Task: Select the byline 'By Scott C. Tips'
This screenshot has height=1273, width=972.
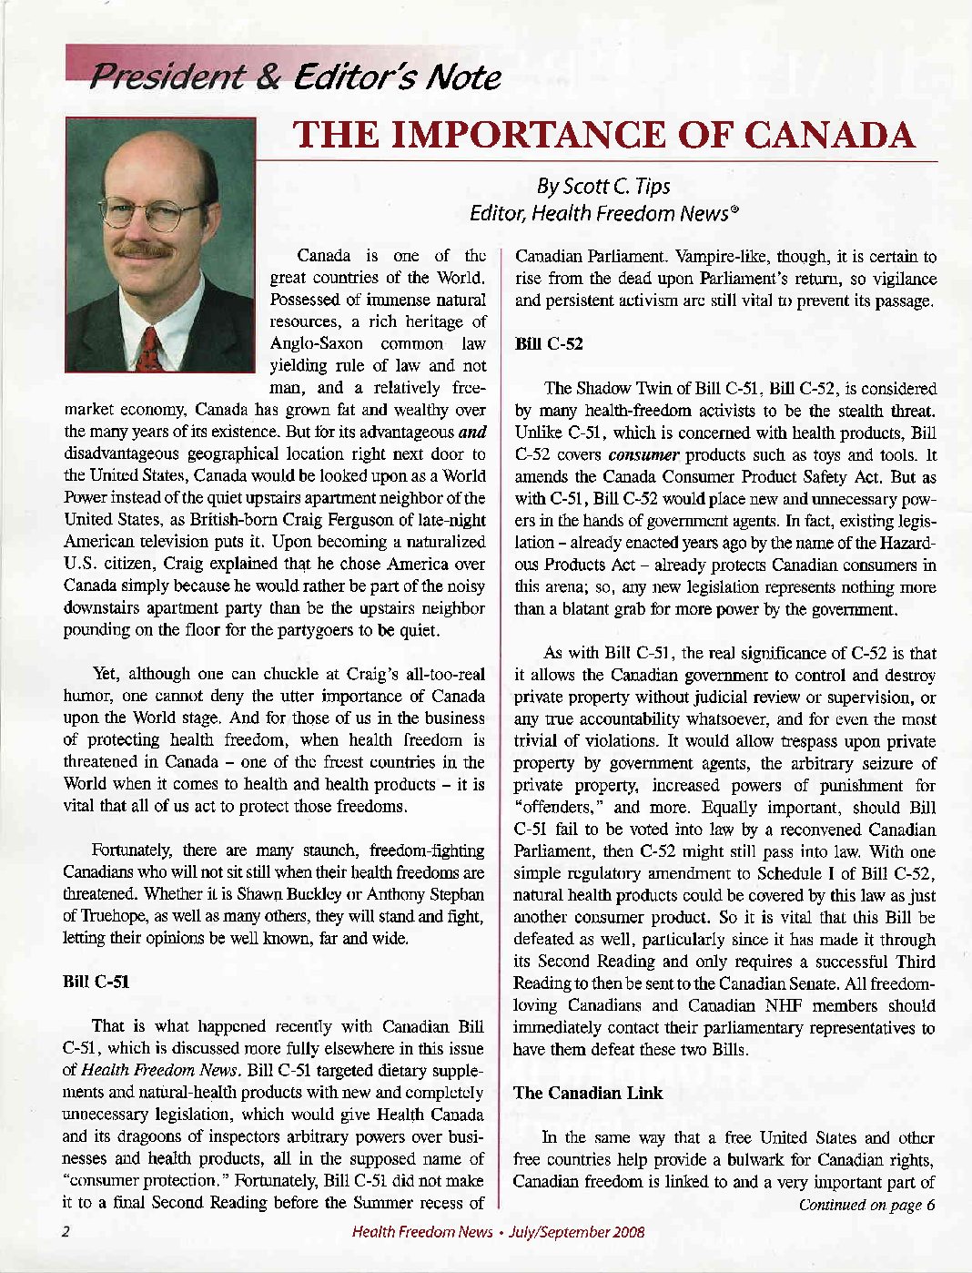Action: [602, 187]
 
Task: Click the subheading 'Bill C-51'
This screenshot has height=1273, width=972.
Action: [96, 982]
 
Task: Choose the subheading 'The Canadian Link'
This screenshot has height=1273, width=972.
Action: [588, 1093]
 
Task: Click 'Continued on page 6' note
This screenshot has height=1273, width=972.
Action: [866, 1206]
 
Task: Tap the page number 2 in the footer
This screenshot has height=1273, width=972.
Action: [66, 1232]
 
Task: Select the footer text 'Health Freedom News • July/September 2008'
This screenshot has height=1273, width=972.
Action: [498, 1232]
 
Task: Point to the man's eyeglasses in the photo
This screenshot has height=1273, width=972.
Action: [151, 213]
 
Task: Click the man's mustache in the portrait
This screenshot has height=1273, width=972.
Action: [144, 248]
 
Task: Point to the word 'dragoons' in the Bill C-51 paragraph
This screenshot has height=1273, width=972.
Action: [137, 1136]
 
